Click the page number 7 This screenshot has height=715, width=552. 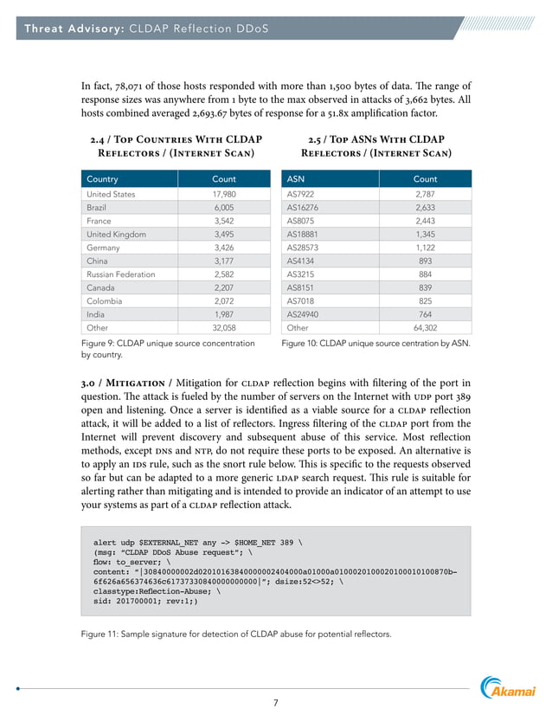(x=276, y=702)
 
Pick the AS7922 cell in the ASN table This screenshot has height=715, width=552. (x=303, y=195)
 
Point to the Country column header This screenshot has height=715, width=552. (x=103, y=179)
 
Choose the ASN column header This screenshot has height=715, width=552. (x=296, y=179)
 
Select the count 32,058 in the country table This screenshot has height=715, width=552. (x=223, y=329)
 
